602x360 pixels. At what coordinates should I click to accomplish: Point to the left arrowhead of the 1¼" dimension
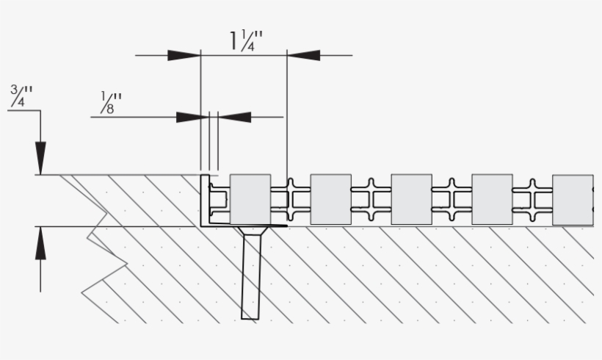[184, 55]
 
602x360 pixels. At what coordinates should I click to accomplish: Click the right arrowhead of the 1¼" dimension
[303, 55]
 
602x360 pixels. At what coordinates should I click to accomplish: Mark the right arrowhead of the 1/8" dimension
[235, 117]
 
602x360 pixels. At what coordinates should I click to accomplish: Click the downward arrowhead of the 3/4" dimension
[40, 158]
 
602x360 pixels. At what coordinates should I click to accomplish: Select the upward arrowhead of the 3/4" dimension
[40, 243]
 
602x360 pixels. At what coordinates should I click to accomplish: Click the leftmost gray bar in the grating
[250, 199]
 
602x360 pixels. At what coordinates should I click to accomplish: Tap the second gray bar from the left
[330, 199]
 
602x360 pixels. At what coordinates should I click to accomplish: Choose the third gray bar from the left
[411, 199]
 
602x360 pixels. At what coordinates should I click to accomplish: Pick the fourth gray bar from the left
[492, 199]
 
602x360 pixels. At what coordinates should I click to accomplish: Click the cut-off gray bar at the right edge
[573, 199]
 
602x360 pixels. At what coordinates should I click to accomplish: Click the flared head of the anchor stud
[250, 234]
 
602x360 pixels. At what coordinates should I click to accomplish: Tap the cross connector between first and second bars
[291, 199]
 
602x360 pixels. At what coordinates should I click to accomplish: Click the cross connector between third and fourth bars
[452, 199]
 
